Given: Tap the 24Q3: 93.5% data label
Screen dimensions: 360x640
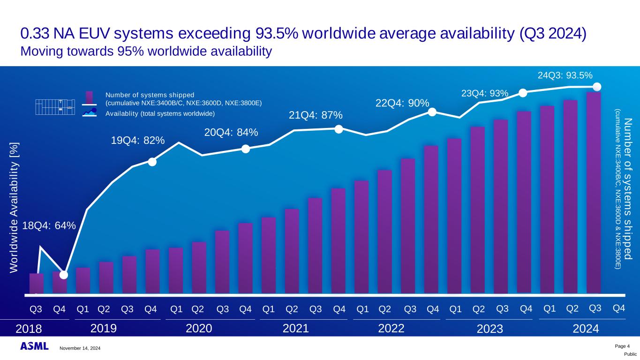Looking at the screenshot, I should coord(565,75).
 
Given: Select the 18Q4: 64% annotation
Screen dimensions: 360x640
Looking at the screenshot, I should coord(49,226).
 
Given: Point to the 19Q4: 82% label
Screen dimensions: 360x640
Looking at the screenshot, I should coord(138,140).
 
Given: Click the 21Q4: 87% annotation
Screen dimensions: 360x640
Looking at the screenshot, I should coord(316,115).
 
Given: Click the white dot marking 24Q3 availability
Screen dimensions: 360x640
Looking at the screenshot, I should coord(597,87).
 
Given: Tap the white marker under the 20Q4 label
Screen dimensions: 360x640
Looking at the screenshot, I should coord(245,149).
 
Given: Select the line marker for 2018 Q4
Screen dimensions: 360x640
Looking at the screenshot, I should coord(64,275).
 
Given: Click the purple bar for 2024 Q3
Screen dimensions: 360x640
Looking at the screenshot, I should coord(594,192).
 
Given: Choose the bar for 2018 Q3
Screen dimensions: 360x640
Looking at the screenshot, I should coord(37,283).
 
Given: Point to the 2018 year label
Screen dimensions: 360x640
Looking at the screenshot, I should coord(29,329).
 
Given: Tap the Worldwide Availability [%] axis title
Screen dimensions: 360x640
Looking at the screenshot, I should coord(14,206).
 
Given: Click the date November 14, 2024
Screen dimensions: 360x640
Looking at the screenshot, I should coord(80,348).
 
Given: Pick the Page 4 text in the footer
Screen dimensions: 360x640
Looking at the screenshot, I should coord(622,346).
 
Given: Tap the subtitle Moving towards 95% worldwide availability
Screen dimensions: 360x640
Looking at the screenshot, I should coord(146,51).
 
